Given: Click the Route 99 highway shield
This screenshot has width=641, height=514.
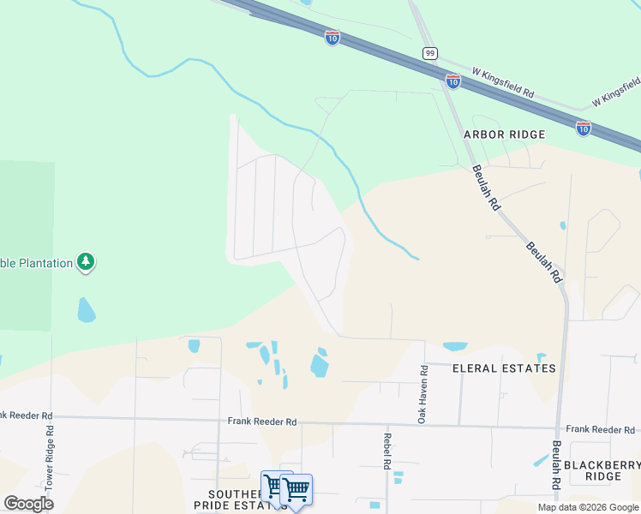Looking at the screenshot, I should click(430, 53).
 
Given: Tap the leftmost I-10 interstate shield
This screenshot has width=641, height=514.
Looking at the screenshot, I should click(332, 37).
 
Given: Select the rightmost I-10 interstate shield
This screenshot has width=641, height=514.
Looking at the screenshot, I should click(584, 128).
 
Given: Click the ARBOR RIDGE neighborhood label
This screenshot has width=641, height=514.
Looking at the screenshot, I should click(505, 134).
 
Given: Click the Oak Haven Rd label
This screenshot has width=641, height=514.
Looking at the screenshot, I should click(422, 393).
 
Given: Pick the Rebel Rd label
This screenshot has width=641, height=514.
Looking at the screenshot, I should click(386, 451).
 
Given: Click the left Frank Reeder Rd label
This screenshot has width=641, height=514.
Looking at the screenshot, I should click(262, 421).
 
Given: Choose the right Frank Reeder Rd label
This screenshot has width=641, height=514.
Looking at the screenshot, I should click(600, 428).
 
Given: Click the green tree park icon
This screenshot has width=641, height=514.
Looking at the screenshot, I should click(85, 262).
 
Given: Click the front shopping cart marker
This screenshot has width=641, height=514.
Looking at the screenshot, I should click(297, 491).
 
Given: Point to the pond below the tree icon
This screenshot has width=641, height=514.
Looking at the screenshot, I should click(87, 309).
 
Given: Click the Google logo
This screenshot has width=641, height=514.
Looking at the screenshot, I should click(28, 503).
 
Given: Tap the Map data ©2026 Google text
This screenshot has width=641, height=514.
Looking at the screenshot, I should click(587, 507).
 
